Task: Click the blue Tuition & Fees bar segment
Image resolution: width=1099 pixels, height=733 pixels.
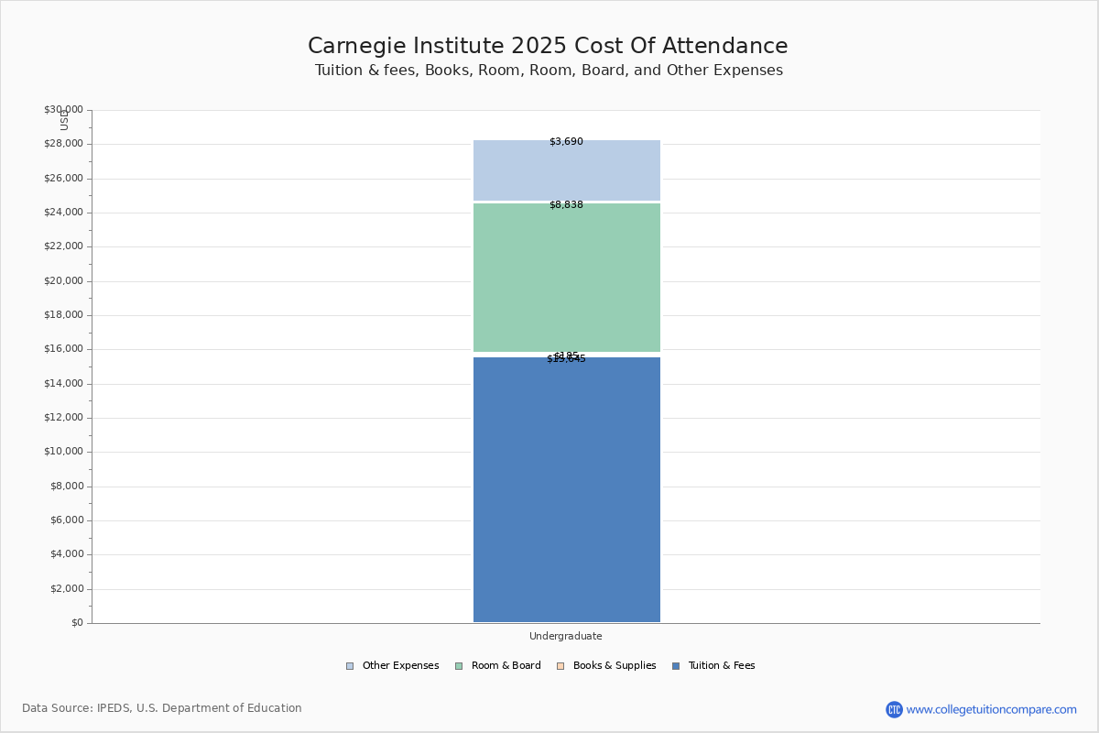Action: pyautogui.click(x=566, y=490)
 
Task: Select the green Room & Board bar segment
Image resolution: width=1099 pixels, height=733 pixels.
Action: pyautogui.click(x=566, y=278)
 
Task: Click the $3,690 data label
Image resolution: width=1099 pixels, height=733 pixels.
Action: pyautogui.click(x=566, y=142)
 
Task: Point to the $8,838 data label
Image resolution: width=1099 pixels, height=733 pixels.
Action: pyautogui.click(x=566, y=205)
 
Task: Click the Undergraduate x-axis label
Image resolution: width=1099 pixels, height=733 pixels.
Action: pyautogui.click(x=566, y=636)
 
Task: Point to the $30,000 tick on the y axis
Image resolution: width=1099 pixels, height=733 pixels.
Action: pyautogui.click(x=63, y=110)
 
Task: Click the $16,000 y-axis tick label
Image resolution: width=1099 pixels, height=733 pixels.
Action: pyautogui.click(x=63, y=349)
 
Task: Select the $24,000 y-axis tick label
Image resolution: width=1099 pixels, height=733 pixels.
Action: pyautogui.click(x=63, y=213)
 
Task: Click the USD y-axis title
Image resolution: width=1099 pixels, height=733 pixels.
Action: pyautogui.click(x=64, y=120)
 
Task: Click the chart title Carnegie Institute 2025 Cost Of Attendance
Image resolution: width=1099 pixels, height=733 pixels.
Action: pyautogui.click(x=548, y=47)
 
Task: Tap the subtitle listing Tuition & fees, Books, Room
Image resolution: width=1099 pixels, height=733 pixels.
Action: pyautogui.click(x=549, y=71)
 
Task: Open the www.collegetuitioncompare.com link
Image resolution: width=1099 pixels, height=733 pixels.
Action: pyautogui.click(x=991, y=709)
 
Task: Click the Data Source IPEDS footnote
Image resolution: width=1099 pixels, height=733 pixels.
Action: pyautogui.click(x=162, y=708)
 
